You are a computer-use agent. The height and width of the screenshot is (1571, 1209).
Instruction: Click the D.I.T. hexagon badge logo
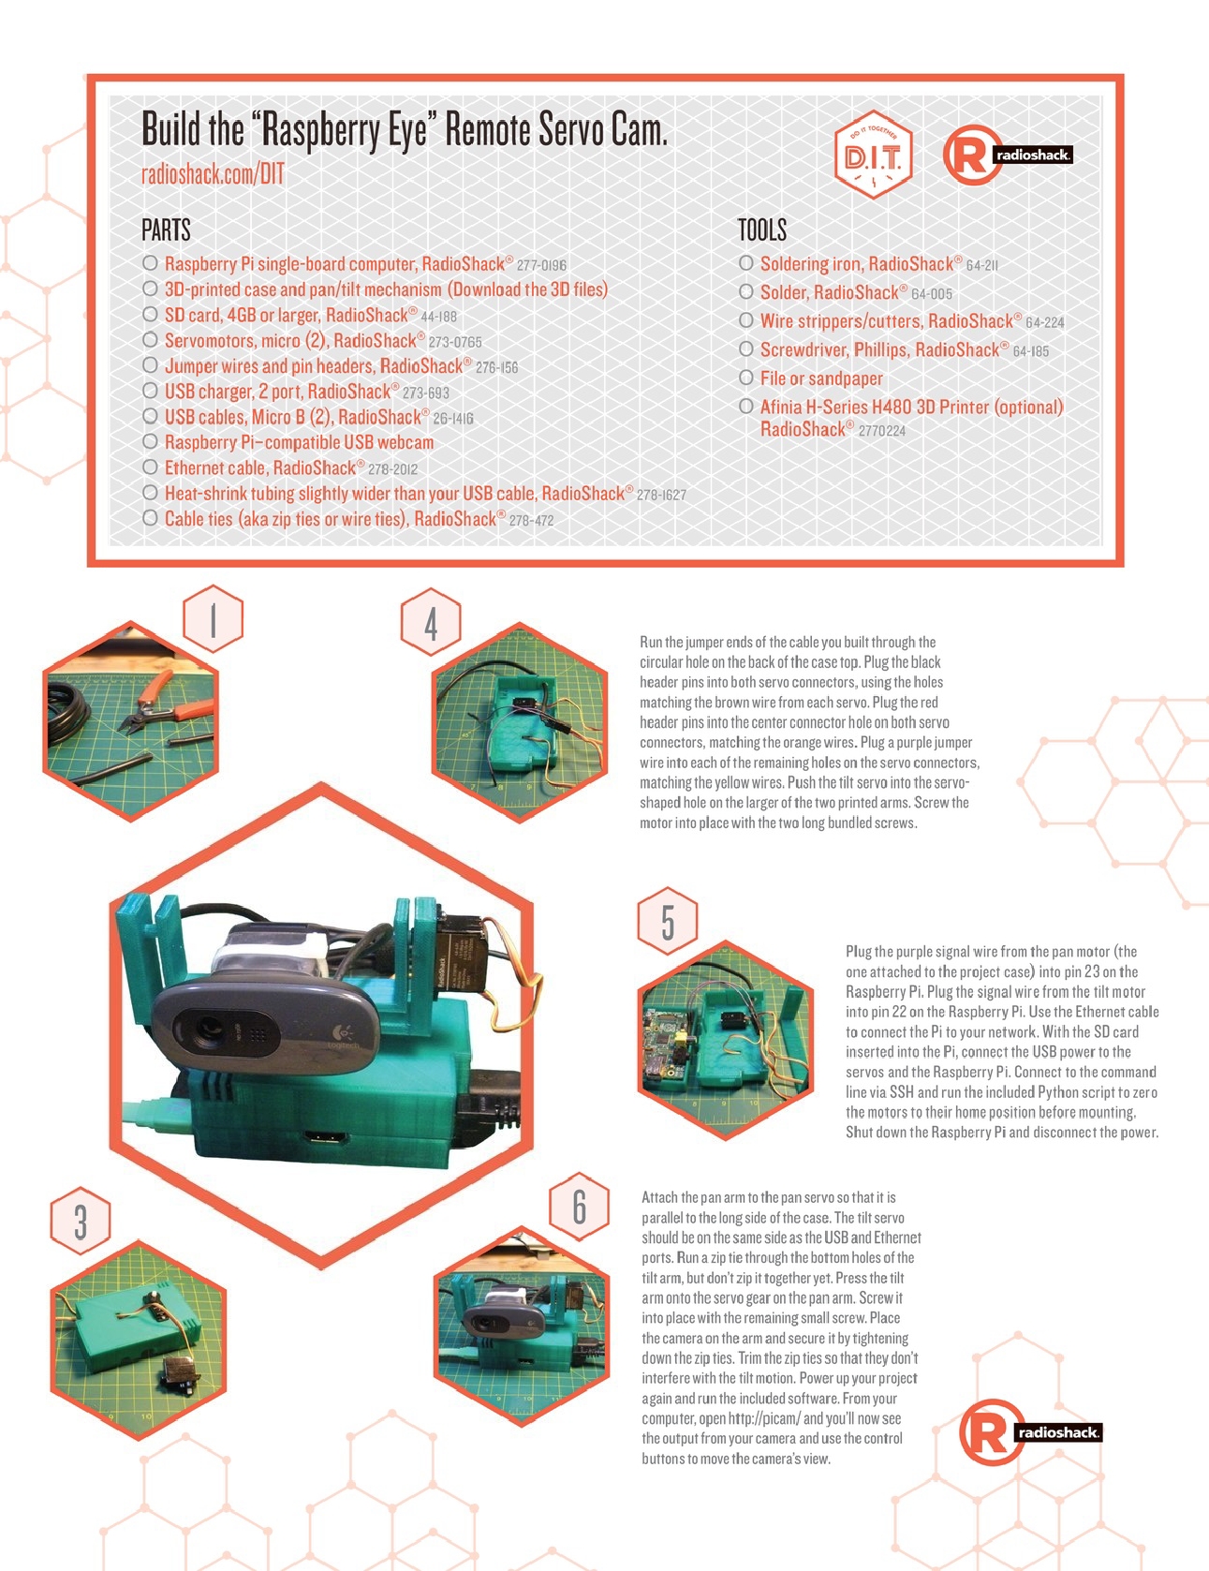coord(873,156)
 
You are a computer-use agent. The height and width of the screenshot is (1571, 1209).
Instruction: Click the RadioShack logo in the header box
coord(1008,155)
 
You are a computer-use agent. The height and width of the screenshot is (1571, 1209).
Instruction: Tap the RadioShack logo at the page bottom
coord(1030,1431)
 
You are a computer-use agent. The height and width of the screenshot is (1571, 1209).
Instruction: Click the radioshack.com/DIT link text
coord(213,174)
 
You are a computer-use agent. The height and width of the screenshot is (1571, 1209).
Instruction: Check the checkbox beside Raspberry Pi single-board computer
coord(150,263)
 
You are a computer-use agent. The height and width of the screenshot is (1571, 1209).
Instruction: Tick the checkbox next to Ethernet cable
coord(150,467)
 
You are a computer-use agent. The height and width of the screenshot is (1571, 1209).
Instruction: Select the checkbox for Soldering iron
coord(745,263)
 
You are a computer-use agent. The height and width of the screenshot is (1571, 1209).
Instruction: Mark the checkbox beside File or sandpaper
coord(745,378)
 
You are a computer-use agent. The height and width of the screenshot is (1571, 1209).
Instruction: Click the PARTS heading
coord(166,230)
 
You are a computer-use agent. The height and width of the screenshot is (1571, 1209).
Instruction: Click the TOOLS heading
coord(761,230)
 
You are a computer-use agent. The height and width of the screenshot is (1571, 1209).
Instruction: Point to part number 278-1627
coord(661,495)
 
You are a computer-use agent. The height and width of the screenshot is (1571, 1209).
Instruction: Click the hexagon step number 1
coord(214,619)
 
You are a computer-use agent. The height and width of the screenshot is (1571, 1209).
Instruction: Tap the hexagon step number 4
coord(431,622)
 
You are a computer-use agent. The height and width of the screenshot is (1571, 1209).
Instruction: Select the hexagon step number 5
coord(668,921)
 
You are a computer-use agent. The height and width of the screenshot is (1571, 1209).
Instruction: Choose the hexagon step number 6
coord(580,1207)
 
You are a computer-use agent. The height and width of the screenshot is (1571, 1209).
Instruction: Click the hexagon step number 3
coord(81,1222)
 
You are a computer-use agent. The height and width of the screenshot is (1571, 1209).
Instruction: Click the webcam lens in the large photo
coord(208,1033)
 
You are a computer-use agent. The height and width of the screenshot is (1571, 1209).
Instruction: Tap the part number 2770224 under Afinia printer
coord(881,431)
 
